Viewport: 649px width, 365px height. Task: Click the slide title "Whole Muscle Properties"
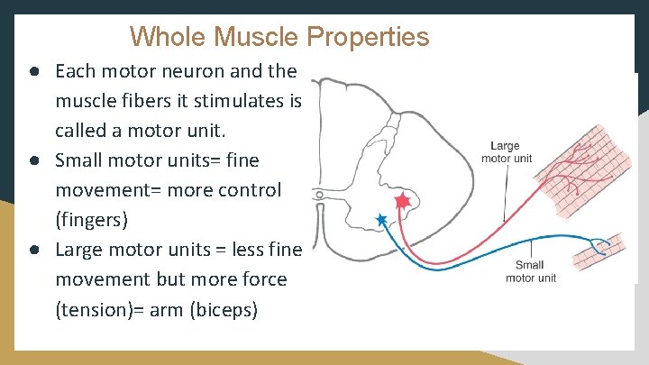279,37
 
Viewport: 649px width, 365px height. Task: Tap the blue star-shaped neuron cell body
381,219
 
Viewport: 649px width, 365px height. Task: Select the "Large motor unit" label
507,152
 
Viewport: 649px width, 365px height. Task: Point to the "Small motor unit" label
530,271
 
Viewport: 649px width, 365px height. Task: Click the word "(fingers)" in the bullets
92,220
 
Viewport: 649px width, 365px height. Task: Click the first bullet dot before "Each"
32,70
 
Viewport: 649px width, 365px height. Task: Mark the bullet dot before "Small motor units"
32,160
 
